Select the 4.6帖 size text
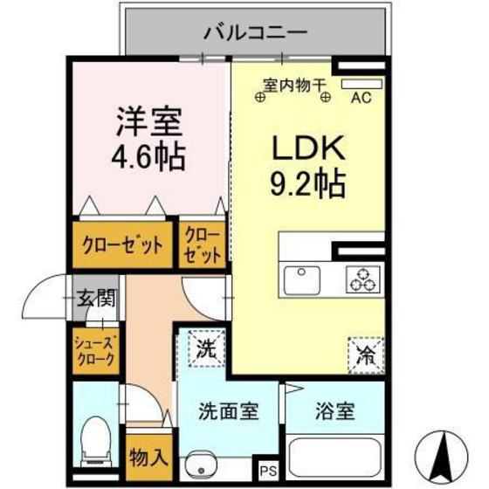[x=147, y=158]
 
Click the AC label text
[x=361, y=98]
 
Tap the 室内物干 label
[x=294, y=85]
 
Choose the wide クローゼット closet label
[x=122, y=245]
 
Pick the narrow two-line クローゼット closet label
[x=203, y=244]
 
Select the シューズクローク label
[x=95, y=351]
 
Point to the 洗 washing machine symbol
[x=204, y=351]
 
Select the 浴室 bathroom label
[x=335, y=411]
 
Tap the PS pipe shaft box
[x=267, y=470]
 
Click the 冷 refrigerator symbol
[x=364, y=354]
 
